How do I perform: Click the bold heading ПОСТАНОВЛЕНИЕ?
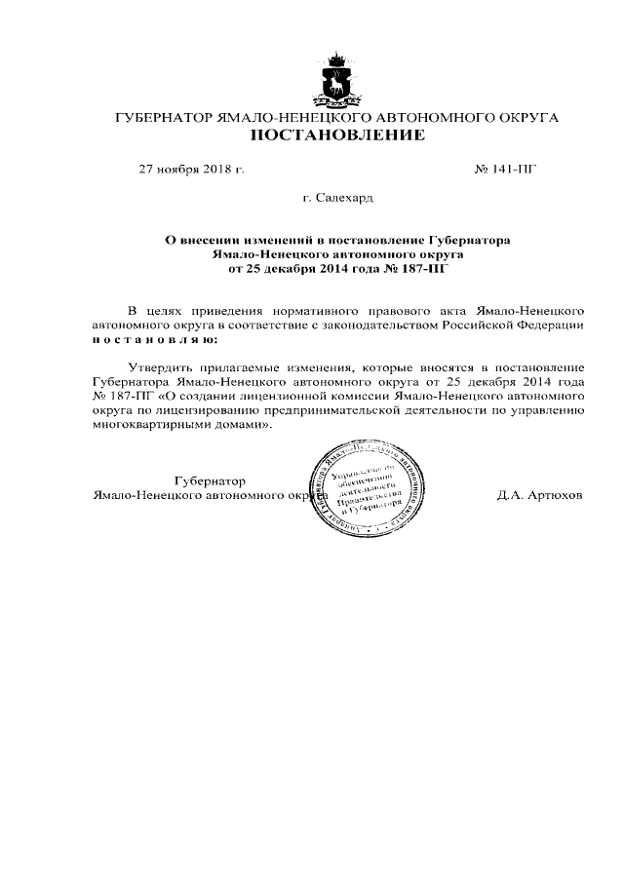pyautogui.click(x=337, y=136)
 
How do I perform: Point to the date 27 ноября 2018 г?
pyautogui.click(x=192, y=169)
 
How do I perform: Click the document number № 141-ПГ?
pyautogui.click(x=505, y=169)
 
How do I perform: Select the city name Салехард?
pyautogui.click(x=344, y=198)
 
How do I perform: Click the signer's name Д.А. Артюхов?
pyautogui.click(x=539, y=495)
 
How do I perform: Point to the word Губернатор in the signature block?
pyautogui.click(x=210, y=481)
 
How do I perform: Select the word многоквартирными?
pyautogui.click(x=149, y=425)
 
